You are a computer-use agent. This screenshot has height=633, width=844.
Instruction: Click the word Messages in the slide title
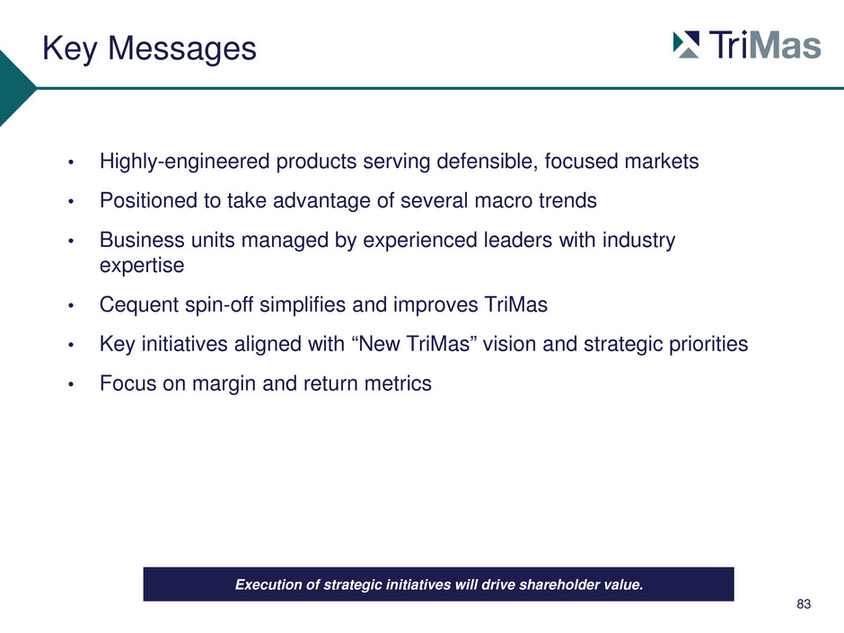182,48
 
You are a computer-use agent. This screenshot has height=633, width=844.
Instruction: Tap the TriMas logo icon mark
686,45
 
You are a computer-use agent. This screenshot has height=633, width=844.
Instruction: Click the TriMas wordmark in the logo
765,45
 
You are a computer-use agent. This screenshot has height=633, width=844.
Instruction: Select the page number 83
804,604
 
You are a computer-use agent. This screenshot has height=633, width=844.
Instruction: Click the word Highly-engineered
185,162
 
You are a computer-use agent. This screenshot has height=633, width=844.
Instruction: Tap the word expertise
142,266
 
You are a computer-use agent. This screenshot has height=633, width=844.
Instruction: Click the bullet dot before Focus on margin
71,385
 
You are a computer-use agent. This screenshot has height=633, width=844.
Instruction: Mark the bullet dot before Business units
71,242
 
